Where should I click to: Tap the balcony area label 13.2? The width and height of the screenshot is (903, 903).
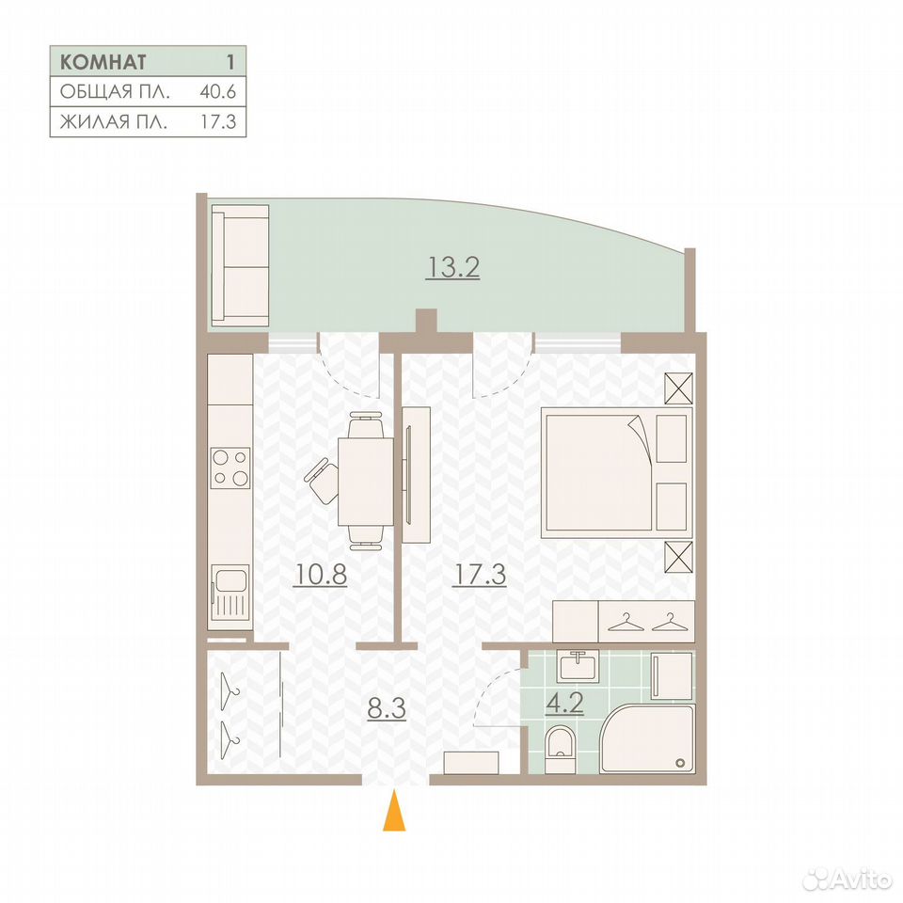(452, 268)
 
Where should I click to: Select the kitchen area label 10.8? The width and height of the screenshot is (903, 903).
(320, 574)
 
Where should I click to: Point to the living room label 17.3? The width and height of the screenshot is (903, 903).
(480, 574)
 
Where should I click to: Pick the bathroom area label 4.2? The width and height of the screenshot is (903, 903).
(564, 704)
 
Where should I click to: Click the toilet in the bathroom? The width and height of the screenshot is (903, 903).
(560, 749)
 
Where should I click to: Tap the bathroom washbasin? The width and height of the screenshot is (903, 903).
(578, 666)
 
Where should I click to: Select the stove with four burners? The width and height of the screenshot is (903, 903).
(230, 467)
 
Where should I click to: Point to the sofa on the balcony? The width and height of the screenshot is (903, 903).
(240, 265)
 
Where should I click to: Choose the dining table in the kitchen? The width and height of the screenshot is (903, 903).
(366, 481)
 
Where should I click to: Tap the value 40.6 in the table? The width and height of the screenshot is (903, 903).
(217, 91)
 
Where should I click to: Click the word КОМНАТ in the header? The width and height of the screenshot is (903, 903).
(103, 62)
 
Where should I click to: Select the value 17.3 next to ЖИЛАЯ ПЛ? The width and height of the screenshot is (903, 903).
(217, 122)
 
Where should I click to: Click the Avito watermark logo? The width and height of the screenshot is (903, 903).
(848, 879)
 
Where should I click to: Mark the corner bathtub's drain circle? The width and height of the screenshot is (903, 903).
(680, 763)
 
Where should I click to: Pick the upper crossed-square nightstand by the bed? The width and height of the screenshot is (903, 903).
(678, 388)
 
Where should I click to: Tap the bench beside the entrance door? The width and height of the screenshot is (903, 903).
(471, 763)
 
